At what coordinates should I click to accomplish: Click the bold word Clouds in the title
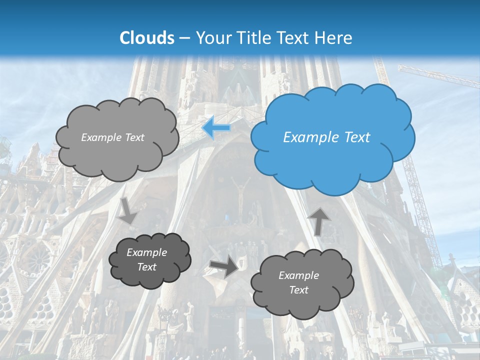147,37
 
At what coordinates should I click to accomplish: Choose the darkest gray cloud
150,260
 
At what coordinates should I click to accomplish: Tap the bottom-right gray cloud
301,283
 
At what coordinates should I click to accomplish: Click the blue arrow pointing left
216,128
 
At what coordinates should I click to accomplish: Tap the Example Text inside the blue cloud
326,137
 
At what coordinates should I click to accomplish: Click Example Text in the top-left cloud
112,137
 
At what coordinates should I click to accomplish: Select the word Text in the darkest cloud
147,267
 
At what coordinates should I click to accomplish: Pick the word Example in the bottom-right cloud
298,275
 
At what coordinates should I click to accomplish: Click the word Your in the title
209,37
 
